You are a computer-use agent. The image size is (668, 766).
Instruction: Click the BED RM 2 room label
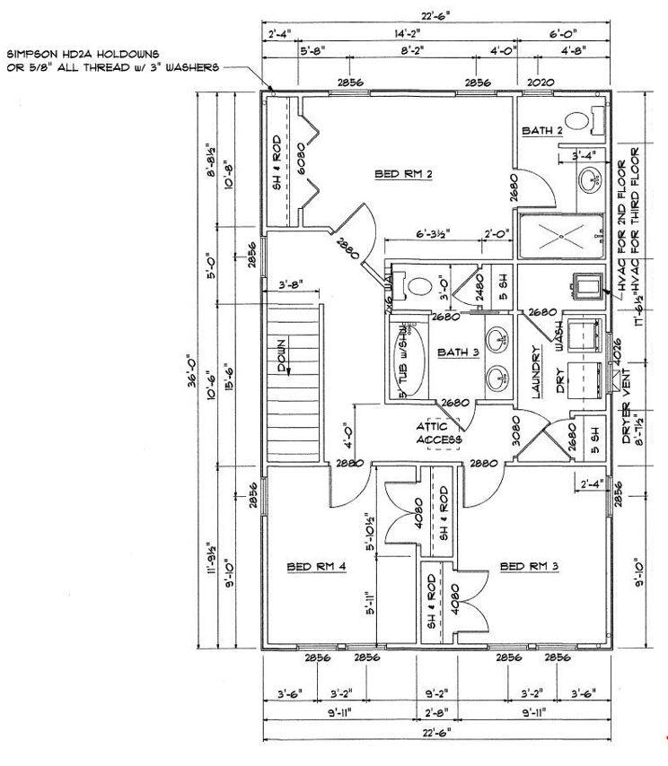point(403,174)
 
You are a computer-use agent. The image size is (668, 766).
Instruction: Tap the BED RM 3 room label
point(529,566)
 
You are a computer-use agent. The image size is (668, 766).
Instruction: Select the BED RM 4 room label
point(316,566)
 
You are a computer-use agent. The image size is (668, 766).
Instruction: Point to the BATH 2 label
point(542,131)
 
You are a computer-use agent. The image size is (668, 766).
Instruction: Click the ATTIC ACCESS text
point(439,433)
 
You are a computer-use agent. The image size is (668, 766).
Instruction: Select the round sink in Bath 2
point(591,178)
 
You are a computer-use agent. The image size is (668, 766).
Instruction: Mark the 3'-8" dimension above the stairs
point(290,284)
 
